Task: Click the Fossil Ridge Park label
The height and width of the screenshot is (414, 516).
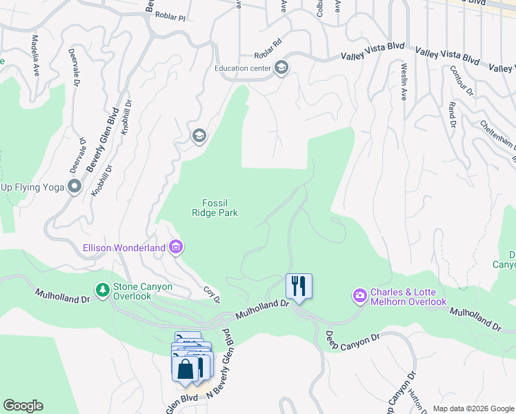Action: coord(215,208)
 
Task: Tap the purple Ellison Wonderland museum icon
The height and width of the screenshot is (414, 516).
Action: coord(176,247)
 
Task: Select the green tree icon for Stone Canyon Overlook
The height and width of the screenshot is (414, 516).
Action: coord(103,289)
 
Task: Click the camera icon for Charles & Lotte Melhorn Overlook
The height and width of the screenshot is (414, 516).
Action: coord(359,296)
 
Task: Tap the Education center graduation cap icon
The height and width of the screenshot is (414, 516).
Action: coord(281,68)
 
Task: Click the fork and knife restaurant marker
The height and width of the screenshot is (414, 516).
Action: coord(299,286)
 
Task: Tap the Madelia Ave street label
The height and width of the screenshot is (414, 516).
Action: coord(34,48)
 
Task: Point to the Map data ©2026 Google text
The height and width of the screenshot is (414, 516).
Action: coord(473,408)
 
